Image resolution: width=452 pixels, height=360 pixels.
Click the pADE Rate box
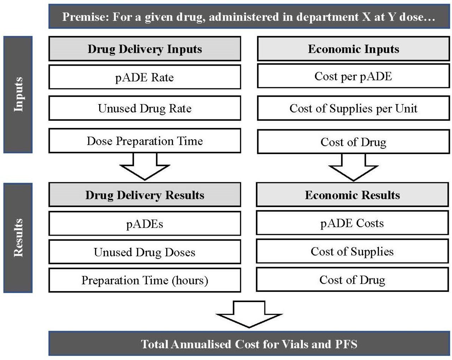click(x=144, y=77)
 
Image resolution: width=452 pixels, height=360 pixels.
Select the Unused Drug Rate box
click(x=144, y=108)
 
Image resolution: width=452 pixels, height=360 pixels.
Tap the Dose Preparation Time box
click(x=144, y=141)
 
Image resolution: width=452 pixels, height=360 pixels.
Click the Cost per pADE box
click(x=353, y=76)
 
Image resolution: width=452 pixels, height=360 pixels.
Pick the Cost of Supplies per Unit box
click(x=353, y=108)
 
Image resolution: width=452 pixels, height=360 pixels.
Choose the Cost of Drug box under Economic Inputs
click(x=353, y=142)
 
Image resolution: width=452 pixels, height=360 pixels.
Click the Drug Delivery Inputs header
click(x=144, y=48)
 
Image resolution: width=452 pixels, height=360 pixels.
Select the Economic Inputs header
click(x=353, y=48)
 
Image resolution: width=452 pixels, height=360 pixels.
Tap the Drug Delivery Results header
click(x=144, y=195)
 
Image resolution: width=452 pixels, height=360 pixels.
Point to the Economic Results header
click(x=352, y=195)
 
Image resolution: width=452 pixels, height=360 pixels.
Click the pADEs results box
click(x=144, y=223)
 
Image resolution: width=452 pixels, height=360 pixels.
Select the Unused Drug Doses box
click(x=144, y=252)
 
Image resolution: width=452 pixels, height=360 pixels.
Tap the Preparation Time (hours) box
click(x=144, y=280)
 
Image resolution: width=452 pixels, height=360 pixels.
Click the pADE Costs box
click(x=352, y=223)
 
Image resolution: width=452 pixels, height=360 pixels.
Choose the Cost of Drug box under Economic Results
click(x=352, y=279)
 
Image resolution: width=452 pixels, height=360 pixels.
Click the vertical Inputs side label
click(x=18, y=94)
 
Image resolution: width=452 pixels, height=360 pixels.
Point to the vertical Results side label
click(x=18, y=238)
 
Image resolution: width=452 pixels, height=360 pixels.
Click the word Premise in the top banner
click(x=86, y=17)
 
